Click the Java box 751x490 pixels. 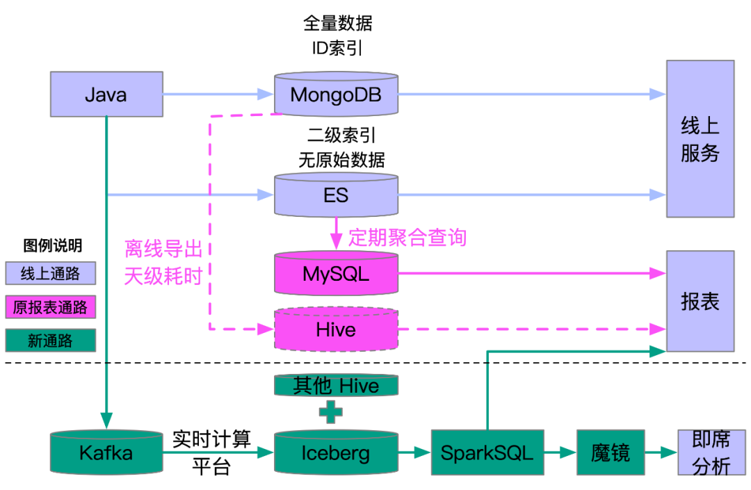tap(106, 94)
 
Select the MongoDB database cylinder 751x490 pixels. tap(336, 94)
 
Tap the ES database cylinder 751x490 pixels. tap(336, 195)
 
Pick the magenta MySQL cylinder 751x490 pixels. tap(336, 274)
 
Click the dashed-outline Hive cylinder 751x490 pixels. tap(336, 329)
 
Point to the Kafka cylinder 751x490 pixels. tap(106, 453)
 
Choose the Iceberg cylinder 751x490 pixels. tap(336, 453)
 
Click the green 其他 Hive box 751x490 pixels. tap(336, 386)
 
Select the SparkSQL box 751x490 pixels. tap(487, 453)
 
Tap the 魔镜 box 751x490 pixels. tap(611, 453)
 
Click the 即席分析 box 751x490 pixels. tap(706, 452)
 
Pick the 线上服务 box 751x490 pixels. tap(700, 139)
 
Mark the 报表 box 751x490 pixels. tap(700, 301)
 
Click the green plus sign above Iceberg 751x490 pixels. tap(331, 411)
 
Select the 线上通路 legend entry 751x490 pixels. tap(50, 274)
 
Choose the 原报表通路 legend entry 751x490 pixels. tap(50, 307)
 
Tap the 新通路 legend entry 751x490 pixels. tap(50, 340)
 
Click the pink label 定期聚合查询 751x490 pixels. tap(407, 238)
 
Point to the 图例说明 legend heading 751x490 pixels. tap(53, 245)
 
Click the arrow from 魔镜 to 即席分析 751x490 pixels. tap(661, 453)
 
